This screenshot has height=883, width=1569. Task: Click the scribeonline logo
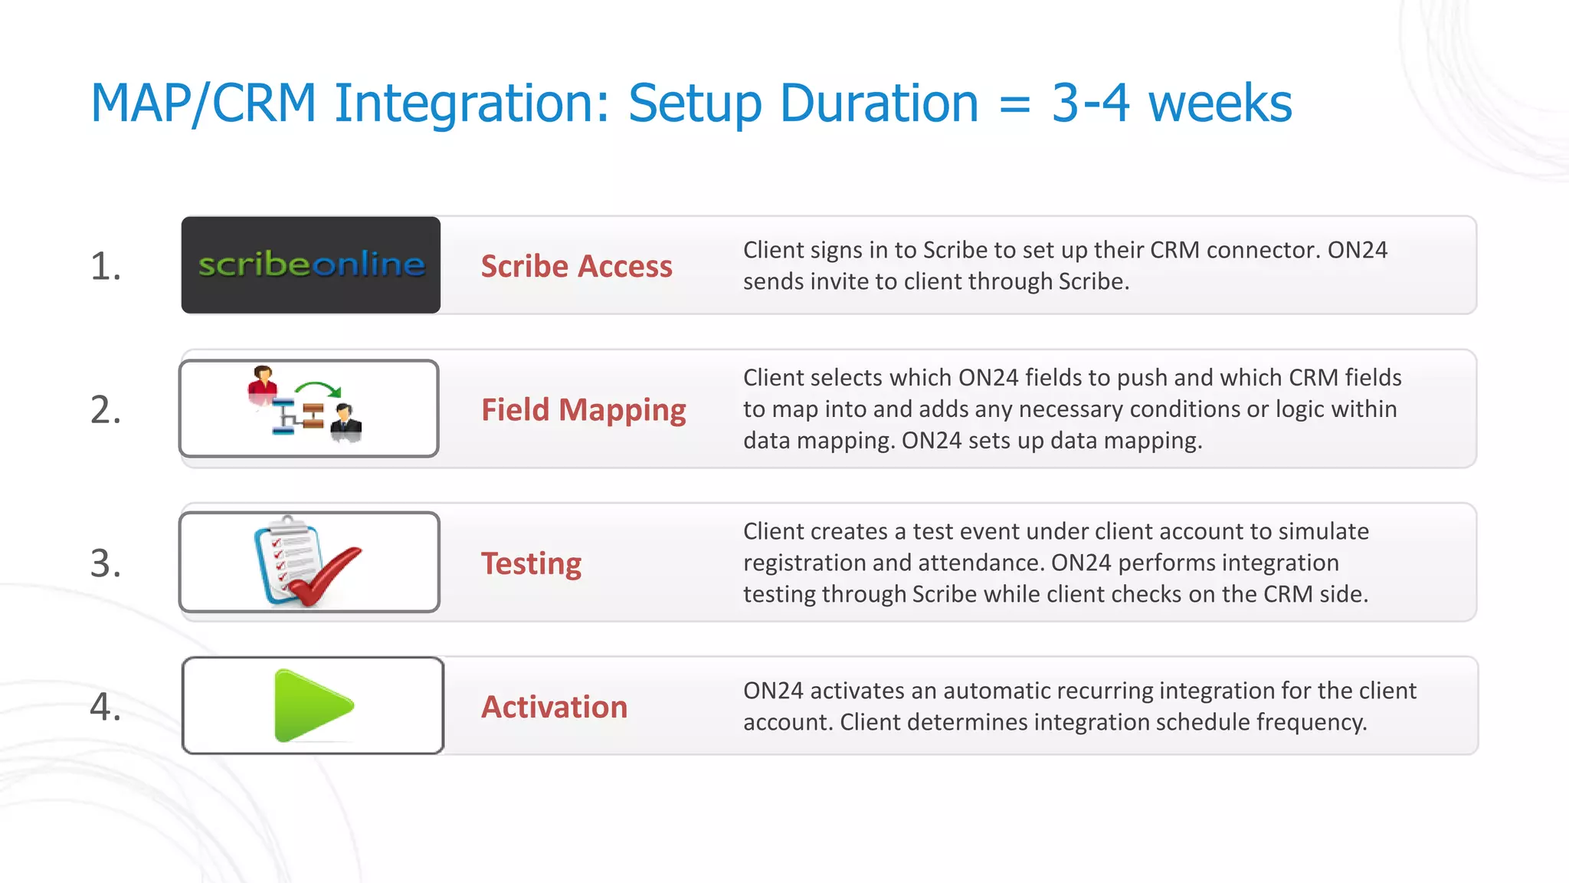click(311, 264)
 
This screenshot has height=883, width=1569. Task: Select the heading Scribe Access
click(576, 266)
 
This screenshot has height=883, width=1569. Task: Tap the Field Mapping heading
click(583, 410)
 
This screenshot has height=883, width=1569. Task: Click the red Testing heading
click(531, 563)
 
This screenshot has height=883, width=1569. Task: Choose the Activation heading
click(554, 707)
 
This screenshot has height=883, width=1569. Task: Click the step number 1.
click(106, 267)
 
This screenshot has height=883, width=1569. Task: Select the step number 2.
click(106, 410)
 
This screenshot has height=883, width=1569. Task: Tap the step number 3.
click(106, 563)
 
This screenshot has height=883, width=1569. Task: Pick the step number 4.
click(106, 707)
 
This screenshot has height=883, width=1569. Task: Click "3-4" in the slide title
click(1089, 103)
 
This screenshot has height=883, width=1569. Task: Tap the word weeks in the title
click(1220, 103)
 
